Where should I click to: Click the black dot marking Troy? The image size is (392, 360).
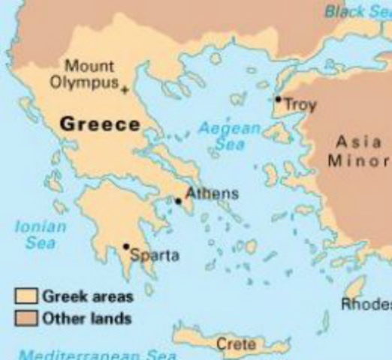click(278, 99)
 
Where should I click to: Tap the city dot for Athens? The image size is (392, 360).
click(178, 200)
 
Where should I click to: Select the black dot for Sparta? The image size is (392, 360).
click(126, 246)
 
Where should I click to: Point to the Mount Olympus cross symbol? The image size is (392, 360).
click(124, 90)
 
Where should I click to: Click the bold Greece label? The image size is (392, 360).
click(100, 124)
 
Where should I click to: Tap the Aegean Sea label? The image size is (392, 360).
click(229, 136)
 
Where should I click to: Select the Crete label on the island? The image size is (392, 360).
click(235, 344)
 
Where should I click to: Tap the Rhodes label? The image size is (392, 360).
click(367, 304)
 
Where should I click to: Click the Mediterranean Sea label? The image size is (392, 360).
click(98, 355)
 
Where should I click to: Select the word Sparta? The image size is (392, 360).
click(155, 256)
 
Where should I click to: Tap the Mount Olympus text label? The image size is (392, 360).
click(84, 73)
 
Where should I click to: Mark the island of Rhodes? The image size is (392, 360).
click(353, 288)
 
